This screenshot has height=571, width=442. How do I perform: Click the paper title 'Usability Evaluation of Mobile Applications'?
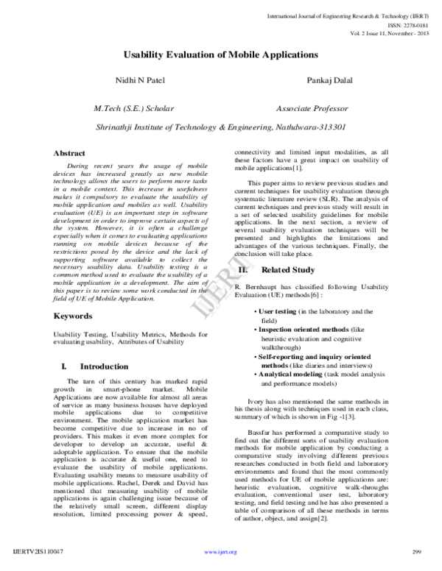click(x=220, y=55)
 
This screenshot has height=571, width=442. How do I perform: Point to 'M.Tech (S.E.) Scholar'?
click(x=133, y=108)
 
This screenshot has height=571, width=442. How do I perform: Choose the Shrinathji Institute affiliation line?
click(x=221, y=127)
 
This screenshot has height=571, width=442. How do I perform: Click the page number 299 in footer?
click(x=416, y=551)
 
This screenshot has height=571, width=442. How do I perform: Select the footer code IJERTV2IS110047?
click(x=38, y=551)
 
